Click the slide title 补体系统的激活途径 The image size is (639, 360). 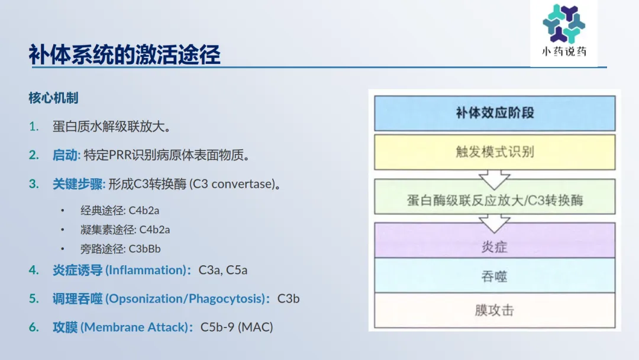coord(125,54)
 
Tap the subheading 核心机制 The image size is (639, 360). coord(53,98)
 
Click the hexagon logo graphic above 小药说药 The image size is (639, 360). coord(564,23)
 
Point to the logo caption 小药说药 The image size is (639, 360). coord(564,52)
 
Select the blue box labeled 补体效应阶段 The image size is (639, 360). coord(495,113)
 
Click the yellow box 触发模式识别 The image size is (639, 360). coord(495,152)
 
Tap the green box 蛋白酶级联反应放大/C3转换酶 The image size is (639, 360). coord(495,197)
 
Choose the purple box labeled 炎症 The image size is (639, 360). coord(495,240)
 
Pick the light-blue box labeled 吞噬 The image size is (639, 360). coord(495,275)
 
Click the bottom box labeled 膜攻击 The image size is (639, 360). coord(495,310)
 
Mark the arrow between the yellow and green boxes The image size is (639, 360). coord(494,180)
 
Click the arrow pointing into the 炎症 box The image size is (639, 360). coord(494,223)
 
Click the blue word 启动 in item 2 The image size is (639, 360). coord(65,155)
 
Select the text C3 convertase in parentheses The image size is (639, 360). coord(234,184)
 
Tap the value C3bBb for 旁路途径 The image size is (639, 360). coord(145,249)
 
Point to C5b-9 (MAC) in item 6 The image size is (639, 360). coord(237,327)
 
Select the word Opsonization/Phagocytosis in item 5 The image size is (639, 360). coord(186,298)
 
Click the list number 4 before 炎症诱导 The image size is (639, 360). coord(34,270)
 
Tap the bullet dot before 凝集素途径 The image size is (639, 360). coord(62,230)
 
